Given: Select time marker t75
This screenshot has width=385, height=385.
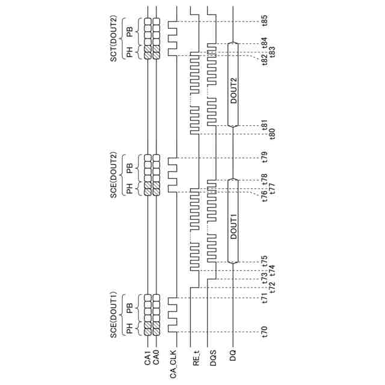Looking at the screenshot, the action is click(265, 262).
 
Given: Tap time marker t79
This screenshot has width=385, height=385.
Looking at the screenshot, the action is click(265, 159).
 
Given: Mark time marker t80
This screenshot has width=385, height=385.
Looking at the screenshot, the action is click(273, 133).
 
